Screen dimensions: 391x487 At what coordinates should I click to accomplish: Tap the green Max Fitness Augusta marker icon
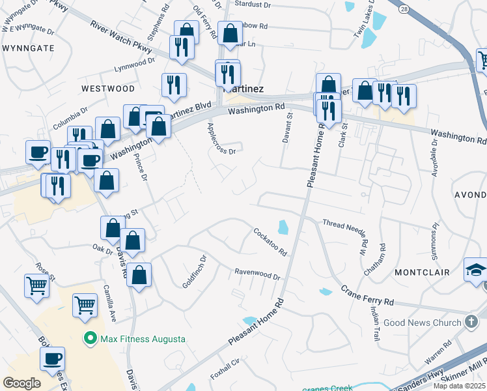[x=90, y=339]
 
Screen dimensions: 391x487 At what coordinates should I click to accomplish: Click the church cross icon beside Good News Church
[x=471, y=322]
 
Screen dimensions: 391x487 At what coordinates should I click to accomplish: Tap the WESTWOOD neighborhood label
[x=108, y=88]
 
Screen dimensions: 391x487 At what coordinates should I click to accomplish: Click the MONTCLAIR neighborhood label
[x=422, y=272]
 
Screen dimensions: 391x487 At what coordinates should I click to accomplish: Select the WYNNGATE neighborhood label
[x=28, y=48]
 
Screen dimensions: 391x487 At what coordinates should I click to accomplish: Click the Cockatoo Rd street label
[x=270, y=242]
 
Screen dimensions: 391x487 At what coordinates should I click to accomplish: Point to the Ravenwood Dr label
[x=257, y=272]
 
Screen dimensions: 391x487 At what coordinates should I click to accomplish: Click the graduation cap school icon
[x=475, y=269]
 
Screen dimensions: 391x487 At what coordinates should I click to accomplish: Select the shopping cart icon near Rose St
[x=37, y=285]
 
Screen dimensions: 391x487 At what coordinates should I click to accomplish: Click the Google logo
[x=21, y=383]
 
